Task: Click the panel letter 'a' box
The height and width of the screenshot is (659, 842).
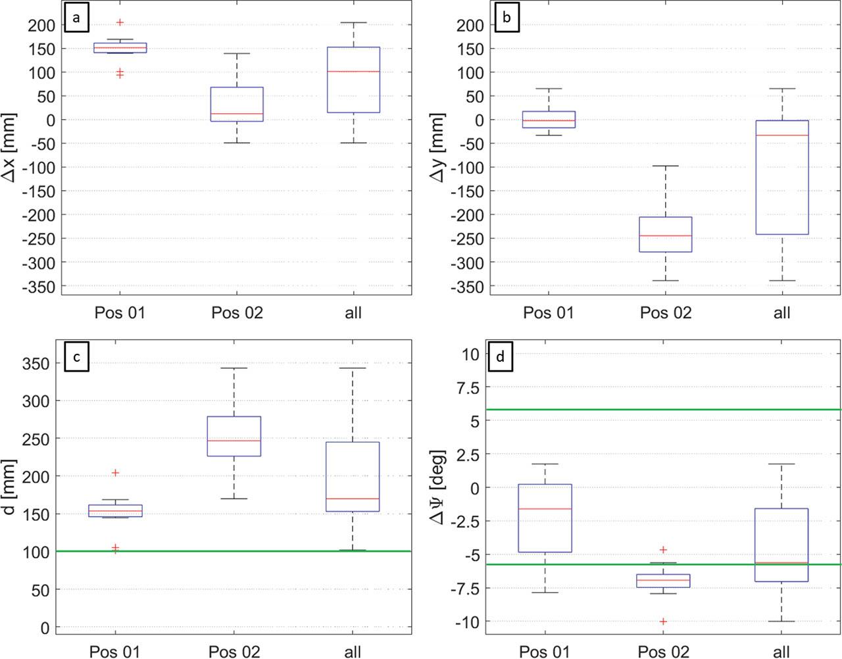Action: (76, 19)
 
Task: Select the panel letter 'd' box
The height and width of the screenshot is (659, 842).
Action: (501, 356)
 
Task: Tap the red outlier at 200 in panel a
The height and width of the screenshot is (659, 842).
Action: (120, 22)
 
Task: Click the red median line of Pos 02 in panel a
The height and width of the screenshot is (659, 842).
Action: (237, 114)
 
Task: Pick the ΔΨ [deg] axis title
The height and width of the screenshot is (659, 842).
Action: (437, 488)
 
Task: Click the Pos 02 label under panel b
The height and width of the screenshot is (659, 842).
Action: (666, 313)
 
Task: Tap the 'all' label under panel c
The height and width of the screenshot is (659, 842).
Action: (353, 652)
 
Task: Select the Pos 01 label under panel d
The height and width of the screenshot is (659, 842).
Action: (545, 652)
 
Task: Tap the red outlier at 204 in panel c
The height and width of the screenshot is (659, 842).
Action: (116, 473)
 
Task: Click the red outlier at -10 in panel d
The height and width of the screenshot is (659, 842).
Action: (663, 622)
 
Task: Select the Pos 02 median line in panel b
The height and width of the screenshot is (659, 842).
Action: (666, 235)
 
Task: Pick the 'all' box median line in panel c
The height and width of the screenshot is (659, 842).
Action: (353, 499)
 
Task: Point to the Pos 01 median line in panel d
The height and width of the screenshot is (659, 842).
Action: (545, 509)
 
